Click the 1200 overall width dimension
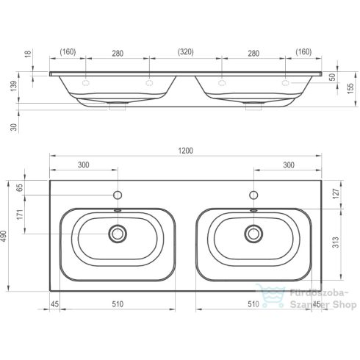[x=185, y=151]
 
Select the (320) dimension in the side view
[x=185, y=53]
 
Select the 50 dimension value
[x=331, y=76]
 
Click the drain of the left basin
[x=117, y=234]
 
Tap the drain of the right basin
[x=253, y=234]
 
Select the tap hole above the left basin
[x=117, y=196]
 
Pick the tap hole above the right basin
[x=253, y=196]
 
